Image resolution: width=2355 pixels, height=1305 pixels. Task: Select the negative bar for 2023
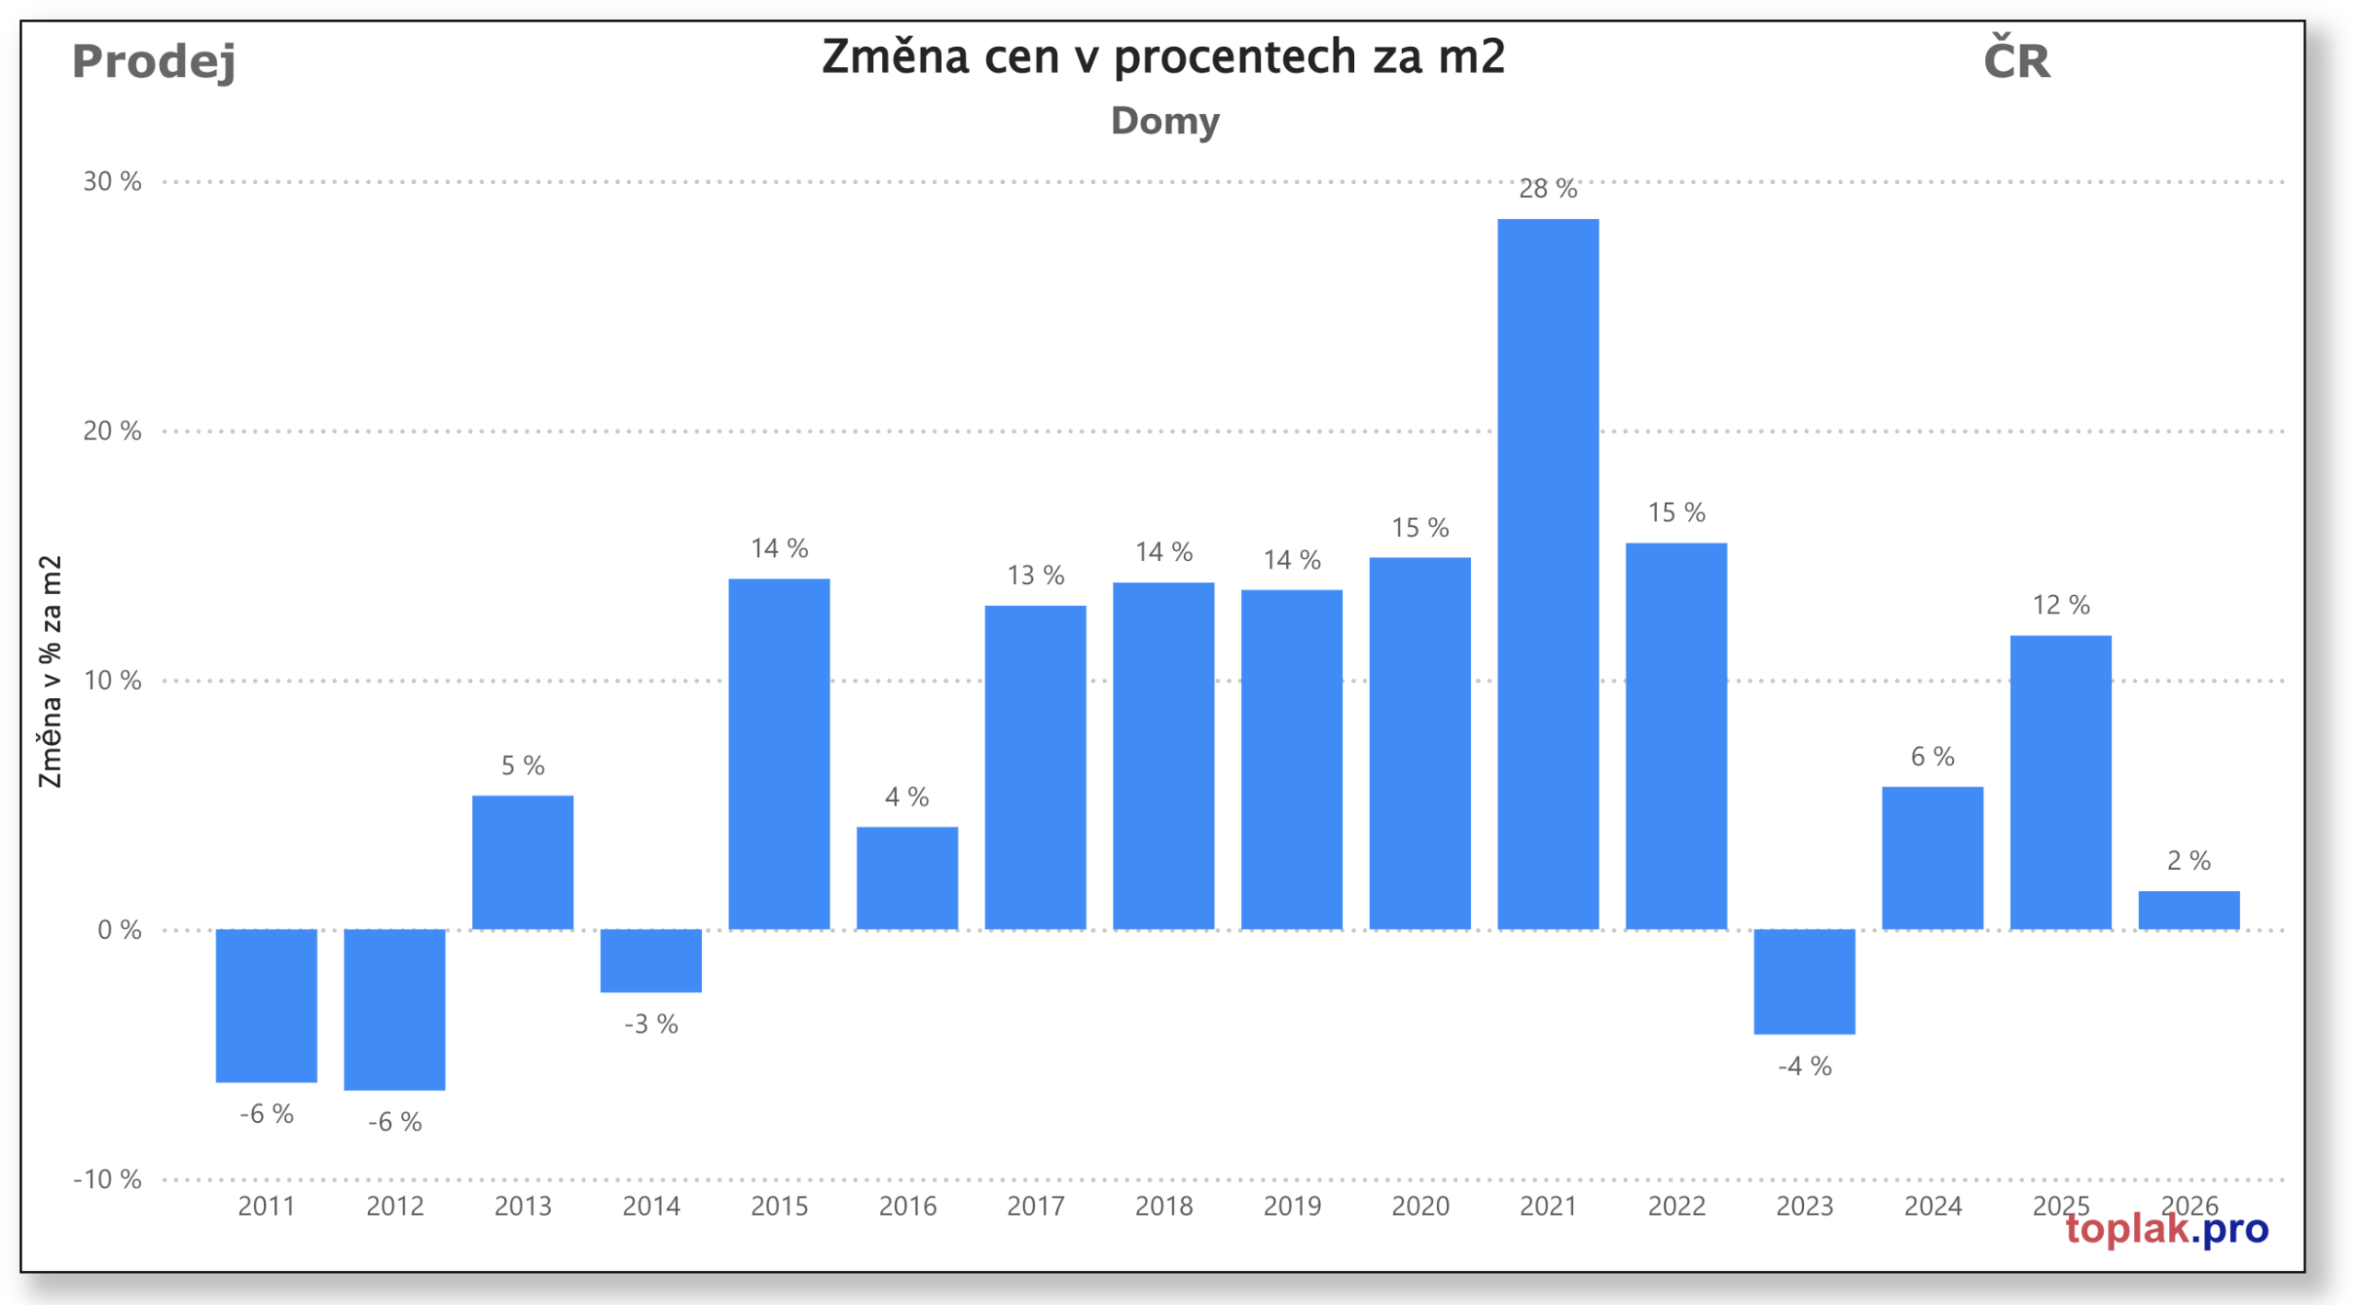click(1803, 980)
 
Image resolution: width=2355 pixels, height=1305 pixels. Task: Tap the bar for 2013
click(523, 862)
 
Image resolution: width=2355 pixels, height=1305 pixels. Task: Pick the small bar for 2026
click(2188, 910)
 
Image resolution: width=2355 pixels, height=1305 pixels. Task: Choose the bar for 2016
click(907, 877)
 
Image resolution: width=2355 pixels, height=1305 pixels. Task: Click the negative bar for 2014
click(650, 960)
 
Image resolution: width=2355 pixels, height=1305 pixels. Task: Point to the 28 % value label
click(1547, 189)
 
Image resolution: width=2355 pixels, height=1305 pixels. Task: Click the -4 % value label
click(1804, 1066)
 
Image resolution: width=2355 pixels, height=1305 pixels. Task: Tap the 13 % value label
click(1035, 575)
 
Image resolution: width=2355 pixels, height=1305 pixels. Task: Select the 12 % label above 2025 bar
click(2060, 604)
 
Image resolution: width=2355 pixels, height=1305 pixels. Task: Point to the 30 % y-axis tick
click(112, 181)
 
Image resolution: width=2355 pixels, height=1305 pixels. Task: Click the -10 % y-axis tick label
click(108, 1178)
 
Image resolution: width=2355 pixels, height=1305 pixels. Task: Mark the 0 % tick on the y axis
click(120, 929)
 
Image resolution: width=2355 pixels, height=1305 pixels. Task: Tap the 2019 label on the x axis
click(1292, 1205)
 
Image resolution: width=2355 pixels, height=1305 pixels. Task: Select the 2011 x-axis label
click(266, 1205)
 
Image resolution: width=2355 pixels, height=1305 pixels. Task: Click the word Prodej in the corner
click(154, 62)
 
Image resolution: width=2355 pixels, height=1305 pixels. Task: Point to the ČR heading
click(2016, 61)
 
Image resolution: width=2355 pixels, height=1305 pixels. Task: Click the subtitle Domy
click(1165, 121)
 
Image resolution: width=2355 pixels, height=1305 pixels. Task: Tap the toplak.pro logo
click(2166, 1229)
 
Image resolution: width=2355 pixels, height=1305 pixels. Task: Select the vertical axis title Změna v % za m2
click(50, 671)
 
